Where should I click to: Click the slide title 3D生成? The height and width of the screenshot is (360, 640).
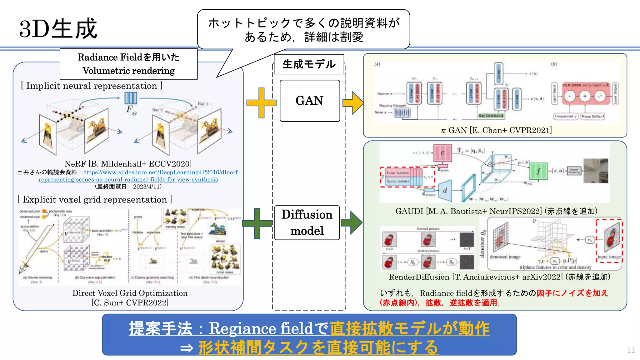[x=58, y=29]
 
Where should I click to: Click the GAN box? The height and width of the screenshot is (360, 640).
[x=310, y=101]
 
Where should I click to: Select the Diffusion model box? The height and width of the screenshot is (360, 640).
[x=307, y=222]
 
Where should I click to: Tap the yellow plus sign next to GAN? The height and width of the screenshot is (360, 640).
[x=261, y=102]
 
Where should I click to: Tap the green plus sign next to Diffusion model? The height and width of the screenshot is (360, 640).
[x=257, y=223]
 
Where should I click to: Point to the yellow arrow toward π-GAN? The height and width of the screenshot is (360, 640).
[x=353, y=102]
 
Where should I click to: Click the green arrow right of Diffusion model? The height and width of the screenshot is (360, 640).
[x=352, y=222]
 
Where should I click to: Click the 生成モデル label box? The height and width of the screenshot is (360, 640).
[x=309, y=64]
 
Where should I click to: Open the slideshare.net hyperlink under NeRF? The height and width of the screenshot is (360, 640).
[x=161, y=172]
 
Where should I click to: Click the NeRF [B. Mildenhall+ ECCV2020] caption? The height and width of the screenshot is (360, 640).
[x=128, y=164]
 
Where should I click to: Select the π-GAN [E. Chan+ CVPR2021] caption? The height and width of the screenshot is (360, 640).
[x=496, y=130]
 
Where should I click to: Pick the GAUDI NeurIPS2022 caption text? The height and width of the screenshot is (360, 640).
[x=496, y=211]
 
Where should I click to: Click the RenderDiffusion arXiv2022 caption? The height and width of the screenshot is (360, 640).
[x=499, y=277]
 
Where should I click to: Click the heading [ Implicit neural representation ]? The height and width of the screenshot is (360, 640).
[x=92, y=86]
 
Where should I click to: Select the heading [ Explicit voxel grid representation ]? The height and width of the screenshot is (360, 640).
[x=95, y=199]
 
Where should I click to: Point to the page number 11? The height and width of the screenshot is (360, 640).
[x=631, y=350]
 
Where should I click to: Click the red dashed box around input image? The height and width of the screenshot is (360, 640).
[x=609, y=241]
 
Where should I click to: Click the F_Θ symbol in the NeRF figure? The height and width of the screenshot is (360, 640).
[x=131, y=109]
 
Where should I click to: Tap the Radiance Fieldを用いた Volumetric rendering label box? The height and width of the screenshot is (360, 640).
[x=128, y=64]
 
